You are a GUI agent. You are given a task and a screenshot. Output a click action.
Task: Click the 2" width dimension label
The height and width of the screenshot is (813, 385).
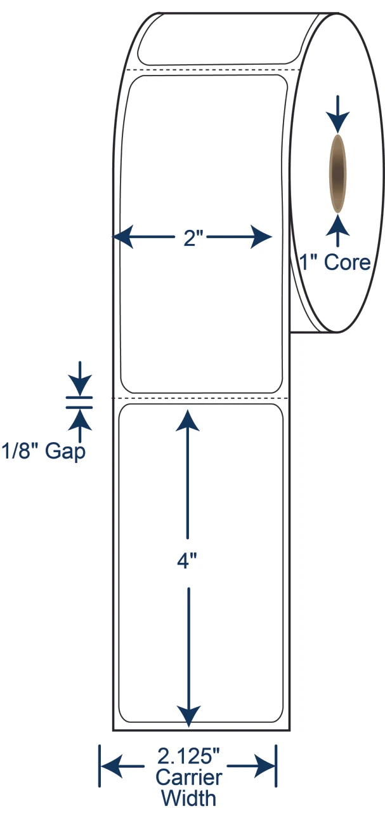click(x=194, y=239)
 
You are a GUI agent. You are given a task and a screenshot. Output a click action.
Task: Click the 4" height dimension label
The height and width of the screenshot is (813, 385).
click(x=186, y=561)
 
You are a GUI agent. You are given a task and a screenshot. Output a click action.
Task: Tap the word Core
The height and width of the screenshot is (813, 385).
click(x=347, y=262)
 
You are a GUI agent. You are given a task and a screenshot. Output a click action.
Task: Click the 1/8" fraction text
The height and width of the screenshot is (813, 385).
click(x=20, y=451)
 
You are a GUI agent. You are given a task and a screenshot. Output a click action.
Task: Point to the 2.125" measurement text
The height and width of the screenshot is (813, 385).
click(x=188, y=756)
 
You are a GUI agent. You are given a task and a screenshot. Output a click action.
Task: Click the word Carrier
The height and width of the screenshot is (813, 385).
click(x=189, y=778)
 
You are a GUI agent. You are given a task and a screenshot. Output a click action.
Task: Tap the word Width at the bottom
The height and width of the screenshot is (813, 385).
click(x=189, y=798)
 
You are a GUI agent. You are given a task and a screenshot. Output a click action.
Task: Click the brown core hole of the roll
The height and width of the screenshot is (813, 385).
click(x=337, y=173)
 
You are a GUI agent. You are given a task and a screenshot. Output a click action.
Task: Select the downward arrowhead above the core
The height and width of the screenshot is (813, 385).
click(x=337, y=122)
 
